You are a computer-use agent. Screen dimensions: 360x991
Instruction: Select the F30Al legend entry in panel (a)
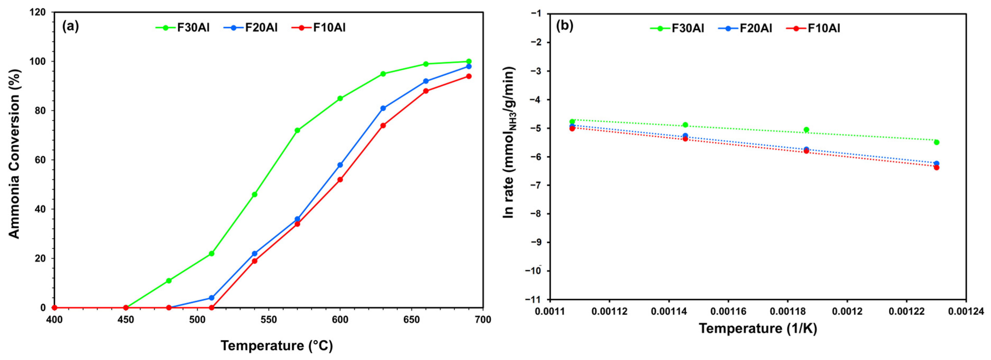tap(183, 28)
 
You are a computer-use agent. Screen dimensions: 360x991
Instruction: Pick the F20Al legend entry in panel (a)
tap(250, 28)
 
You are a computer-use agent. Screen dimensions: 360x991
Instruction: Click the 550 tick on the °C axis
tap(268, 320)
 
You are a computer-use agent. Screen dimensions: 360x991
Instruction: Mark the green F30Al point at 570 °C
tap(297, 130)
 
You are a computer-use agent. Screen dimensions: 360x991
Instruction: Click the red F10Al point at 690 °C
tap(469, 76)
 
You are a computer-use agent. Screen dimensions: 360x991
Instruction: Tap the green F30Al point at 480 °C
tap(169, 280)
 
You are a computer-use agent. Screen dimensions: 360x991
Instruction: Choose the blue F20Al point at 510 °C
tap(212, 298)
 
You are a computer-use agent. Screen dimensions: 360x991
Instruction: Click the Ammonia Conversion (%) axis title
tap(14, 154)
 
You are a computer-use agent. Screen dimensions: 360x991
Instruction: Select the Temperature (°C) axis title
tap(277, 346)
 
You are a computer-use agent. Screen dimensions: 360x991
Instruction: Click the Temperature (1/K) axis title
tap(757, 328)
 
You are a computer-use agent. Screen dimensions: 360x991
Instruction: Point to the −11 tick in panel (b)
tap(533, 299)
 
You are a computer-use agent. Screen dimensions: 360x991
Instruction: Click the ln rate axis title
tap(509, 142)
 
